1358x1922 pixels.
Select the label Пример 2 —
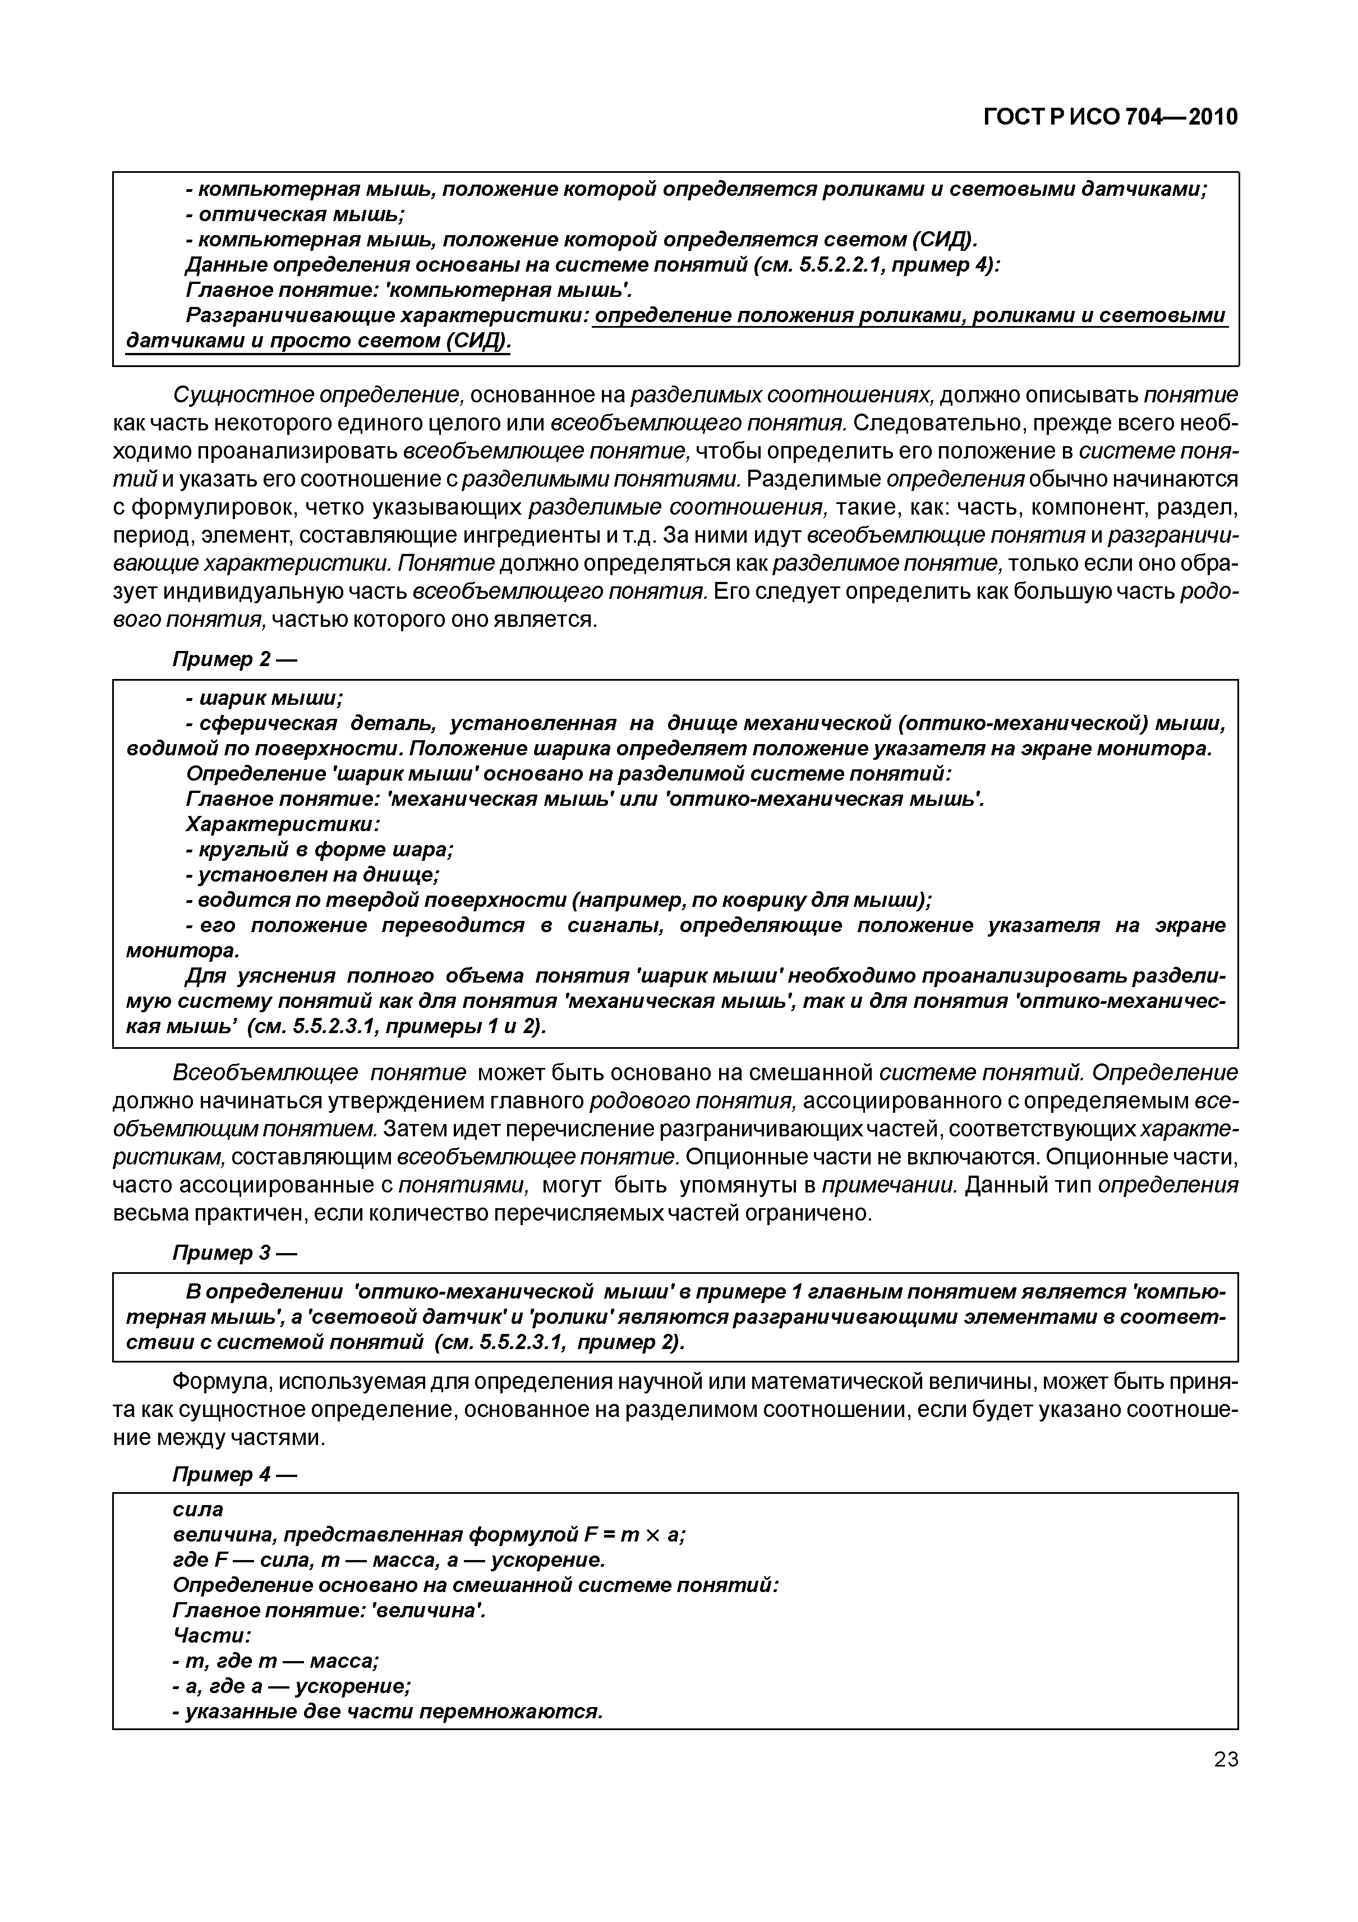[x=234, y=659]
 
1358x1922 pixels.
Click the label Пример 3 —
[x=234, y=1253]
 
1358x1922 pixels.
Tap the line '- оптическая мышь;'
[x=294, y=214]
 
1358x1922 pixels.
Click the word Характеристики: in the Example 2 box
[x=283, y=824]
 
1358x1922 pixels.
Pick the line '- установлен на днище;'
[x=312, y=875]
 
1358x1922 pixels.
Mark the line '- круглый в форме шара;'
[x=319, y=850]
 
